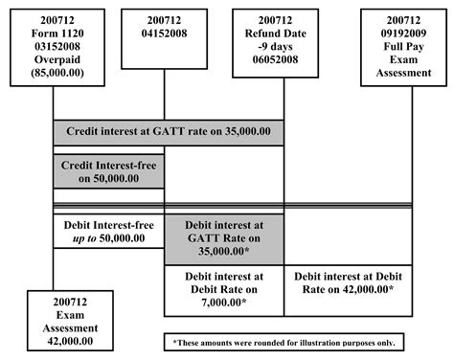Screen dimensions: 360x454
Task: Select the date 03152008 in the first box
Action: tap(53, 42)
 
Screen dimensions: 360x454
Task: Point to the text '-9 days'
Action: tap(284, 42)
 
